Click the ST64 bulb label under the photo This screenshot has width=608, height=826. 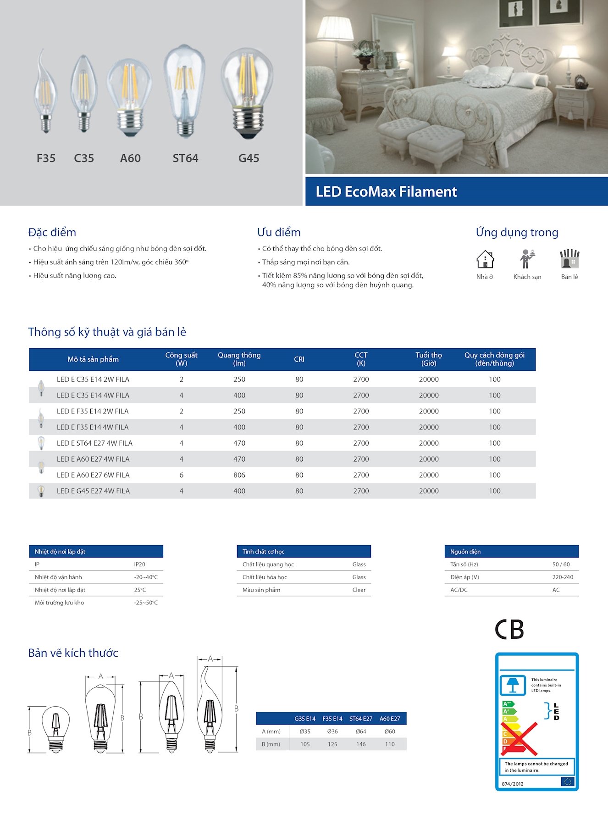[185, 158]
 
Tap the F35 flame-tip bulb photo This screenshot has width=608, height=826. [45, 92]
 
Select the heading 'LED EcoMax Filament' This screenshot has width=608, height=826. [386, 192]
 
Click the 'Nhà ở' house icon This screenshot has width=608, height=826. [485, 259]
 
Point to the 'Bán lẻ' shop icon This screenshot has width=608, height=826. [569, 259]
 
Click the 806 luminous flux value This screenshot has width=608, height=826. [239, 475]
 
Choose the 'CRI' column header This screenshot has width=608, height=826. [299, 359]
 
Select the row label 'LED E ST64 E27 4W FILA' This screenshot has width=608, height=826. [94, 443]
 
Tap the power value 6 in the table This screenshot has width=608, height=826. [182, 475]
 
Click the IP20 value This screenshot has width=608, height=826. [139, 564]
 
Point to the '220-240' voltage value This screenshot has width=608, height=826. [563, 577]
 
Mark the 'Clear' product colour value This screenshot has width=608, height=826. [359, 590]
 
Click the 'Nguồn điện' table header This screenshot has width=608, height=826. [465, 552]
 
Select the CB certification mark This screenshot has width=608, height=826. [509, 630]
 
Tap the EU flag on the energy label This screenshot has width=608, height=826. [568, 782]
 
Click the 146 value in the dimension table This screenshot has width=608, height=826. [361, 744]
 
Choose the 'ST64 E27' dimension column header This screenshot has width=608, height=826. [361, 719]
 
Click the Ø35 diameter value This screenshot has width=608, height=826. [305, 731]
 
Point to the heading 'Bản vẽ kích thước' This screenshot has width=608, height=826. [73, 653]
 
